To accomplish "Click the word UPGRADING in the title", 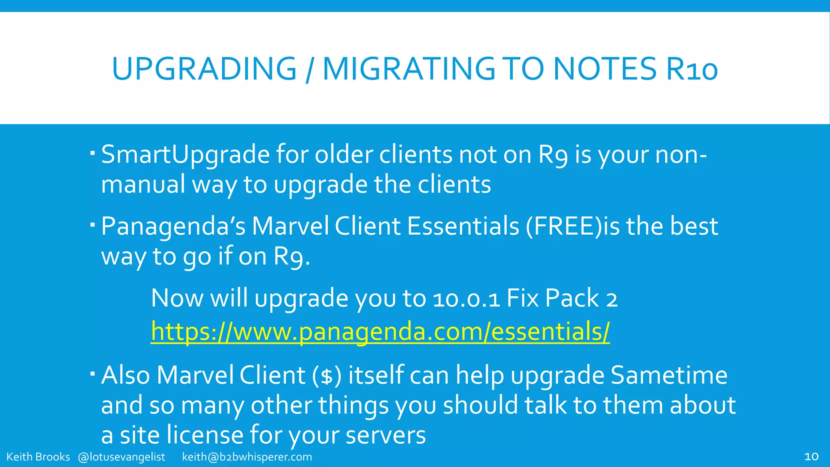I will pos(204,69).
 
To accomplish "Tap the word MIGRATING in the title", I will pos(409,69).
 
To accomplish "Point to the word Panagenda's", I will pos(173,226).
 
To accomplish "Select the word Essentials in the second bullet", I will pos(463,226).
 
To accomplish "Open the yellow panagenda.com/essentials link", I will pos(380,332).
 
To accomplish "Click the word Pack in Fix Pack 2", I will pos(572,298).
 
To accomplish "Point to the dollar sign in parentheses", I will pos(327,376).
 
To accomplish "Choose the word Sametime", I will pos(669,375).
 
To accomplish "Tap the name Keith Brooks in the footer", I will pos(38,457).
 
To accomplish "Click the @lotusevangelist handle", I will pos(121,457).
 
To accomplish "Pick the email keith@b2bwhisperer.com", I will pos(247,457).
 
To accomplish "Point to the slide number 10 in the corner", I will pos(811,457).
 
